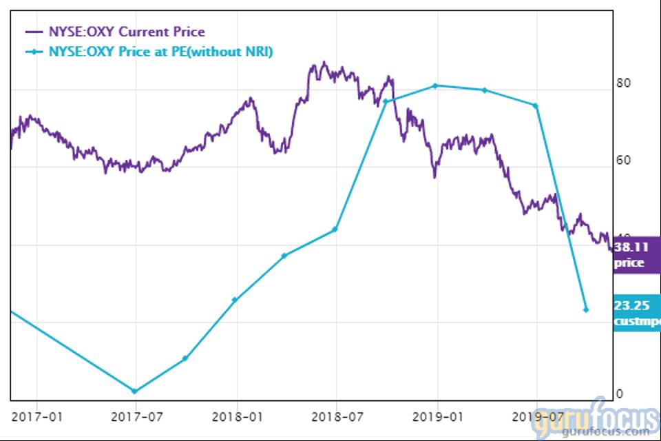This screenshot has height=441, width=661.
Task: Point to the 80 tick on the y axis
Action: [x=624, y=83]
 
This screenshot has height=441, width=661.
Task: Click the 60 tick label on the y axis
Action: [x=624, y=161]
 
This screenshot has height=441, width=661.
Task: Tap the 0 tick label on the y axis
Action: [x=620, y=393]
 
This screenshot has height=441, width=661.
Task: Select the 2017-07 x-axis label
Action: [x=135, y=416]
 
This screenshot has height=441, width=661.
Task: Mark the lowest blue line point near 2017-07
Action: [x=134, y=391]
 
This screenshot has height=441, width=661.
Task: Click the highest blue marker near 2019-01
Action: [x=436, y=85]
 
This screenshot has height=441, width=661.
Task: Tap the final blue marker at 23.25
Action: [x=586, y=309]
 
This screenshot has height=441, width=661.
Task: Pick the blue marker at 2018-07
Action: [x=335, y=229]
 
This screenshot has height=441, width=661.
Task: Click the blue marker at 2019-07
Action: [x=536, y=105]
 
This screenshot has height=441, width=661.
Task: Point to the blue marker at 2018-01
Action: [x=235, y=300]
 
